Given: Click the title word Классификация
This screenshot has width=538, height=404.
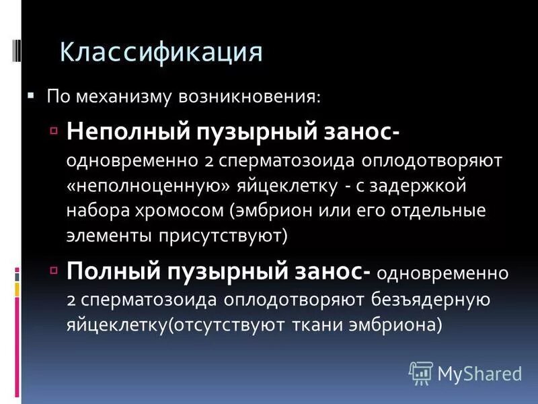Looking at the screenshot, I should coord(161,52).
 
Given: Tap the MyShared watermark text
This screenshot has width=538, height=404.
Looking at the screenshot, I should coord(479,372).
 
